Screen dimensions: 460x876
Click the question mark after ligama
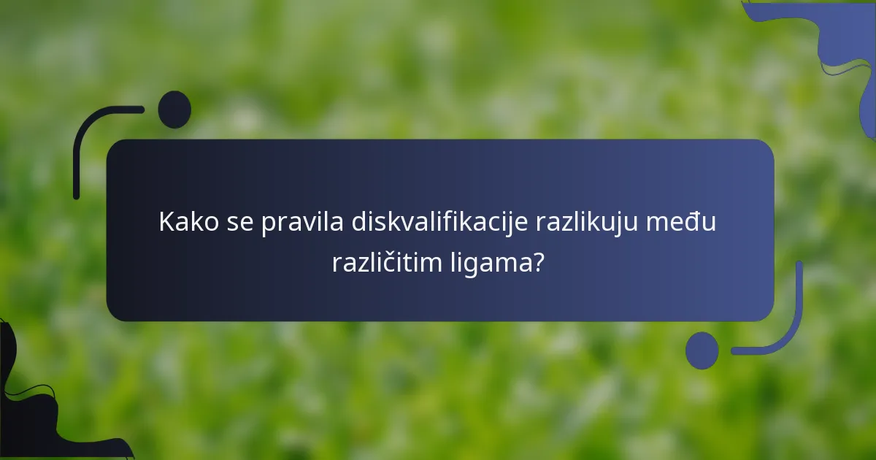pyautogui.click(x=538, y=261)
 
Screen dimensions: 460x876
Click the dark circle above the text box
pyautogui.click(x=174, y=110)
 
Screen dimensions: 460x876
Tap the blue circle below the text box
pyautogui.click(x=702, y=350)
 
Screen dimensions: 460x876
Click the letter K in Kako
pyautogui.click(x=166, y=222)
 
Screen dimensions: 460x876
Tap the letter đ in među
pyautogui.click(x=694, y=222)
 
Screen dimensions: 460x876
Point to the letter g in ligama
pyautogui.click(x=466, y=264)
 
